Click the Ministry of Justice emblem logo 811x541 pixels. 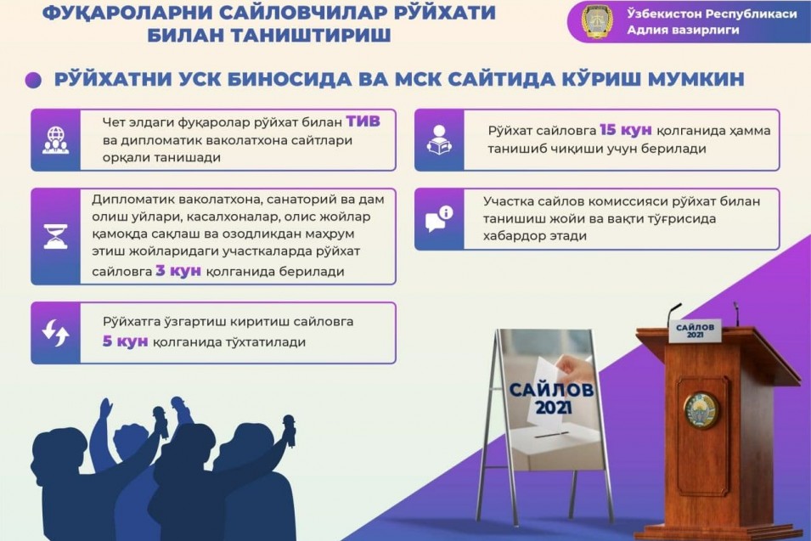click(x=597, y=21)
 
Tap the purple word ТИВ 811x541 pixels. click(x=363, y=121)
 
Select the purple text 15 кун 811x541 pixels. click(x=625, y=130)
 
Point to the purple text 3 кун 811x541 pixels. click(x=178, y=271)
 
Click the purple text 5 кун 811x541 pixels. click(x=125, y=342)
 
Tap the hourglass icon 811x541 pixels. click(x=56, y=237)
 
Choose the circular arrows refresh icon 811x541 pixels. click(x=56, y=333)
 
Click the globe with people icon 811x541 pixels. click(x=55, y=140)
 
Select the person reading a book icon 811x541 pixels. click(x=439, y=139)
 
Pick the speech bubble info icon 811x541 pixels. click(x=439, y=219)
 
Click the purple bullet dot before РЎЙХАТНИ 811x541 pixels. click(x=33, y=80)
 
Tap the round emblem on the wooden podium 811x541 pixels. click(x=701, y=409)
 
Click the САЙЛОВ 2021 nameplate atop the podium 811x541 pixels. click(x=695, y=331)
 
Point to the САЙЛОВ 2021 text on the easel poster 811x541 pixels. click(x=551, y=398)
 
